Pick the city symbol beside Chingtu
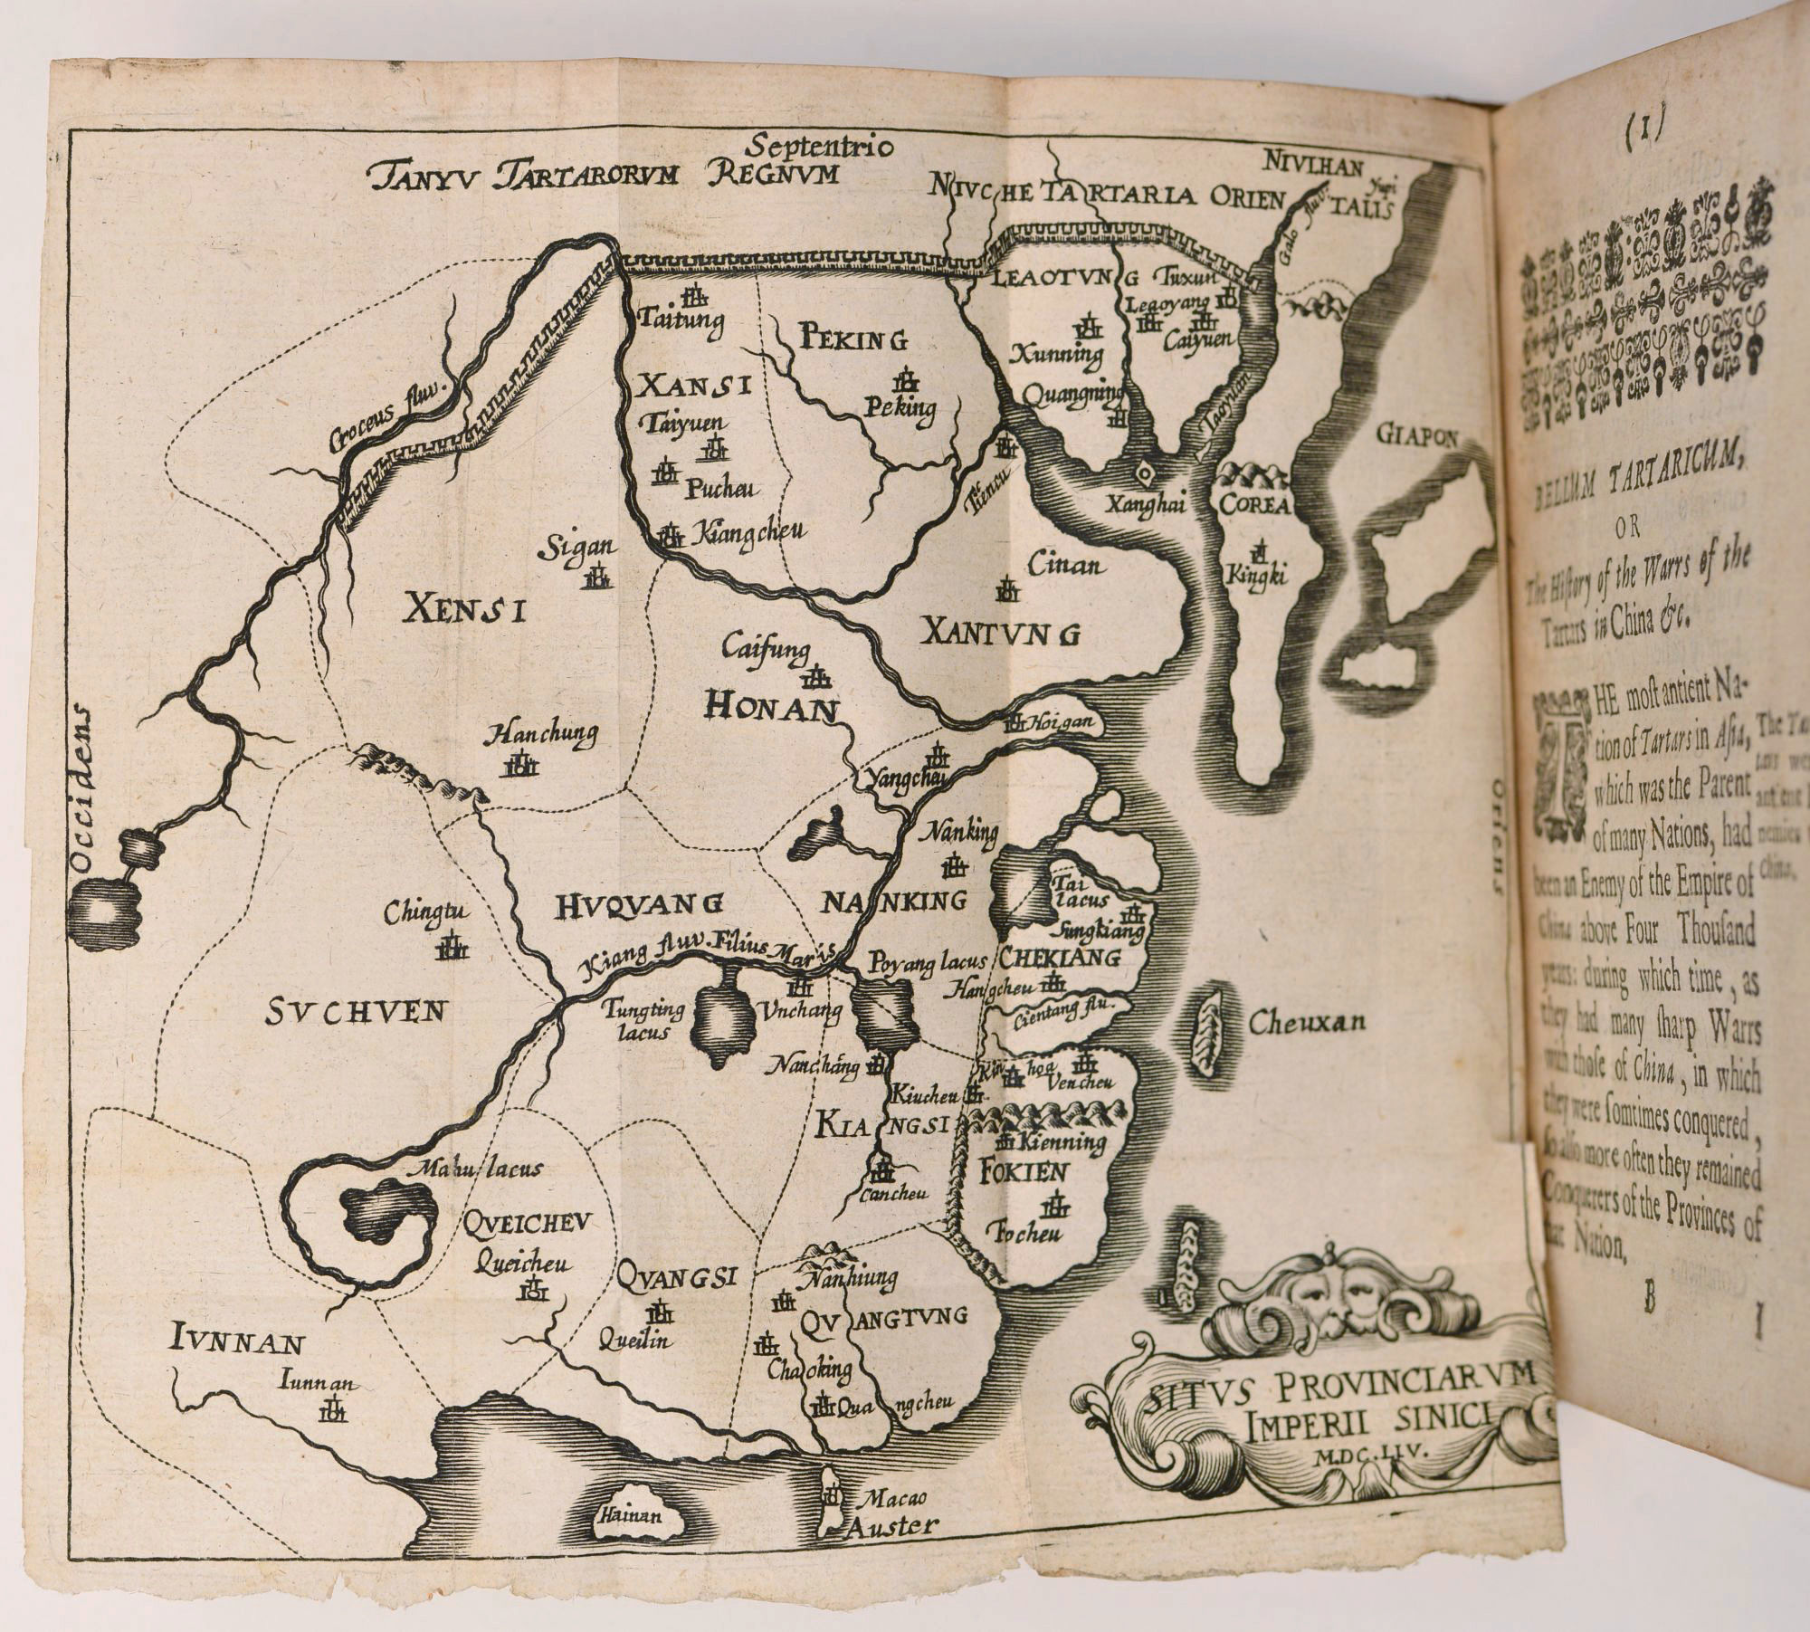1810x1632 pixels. point(452,947)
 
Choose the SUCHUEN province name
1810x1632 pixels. point(356,1013)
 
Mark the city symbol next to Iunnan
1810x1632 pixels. point(334,1434)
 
